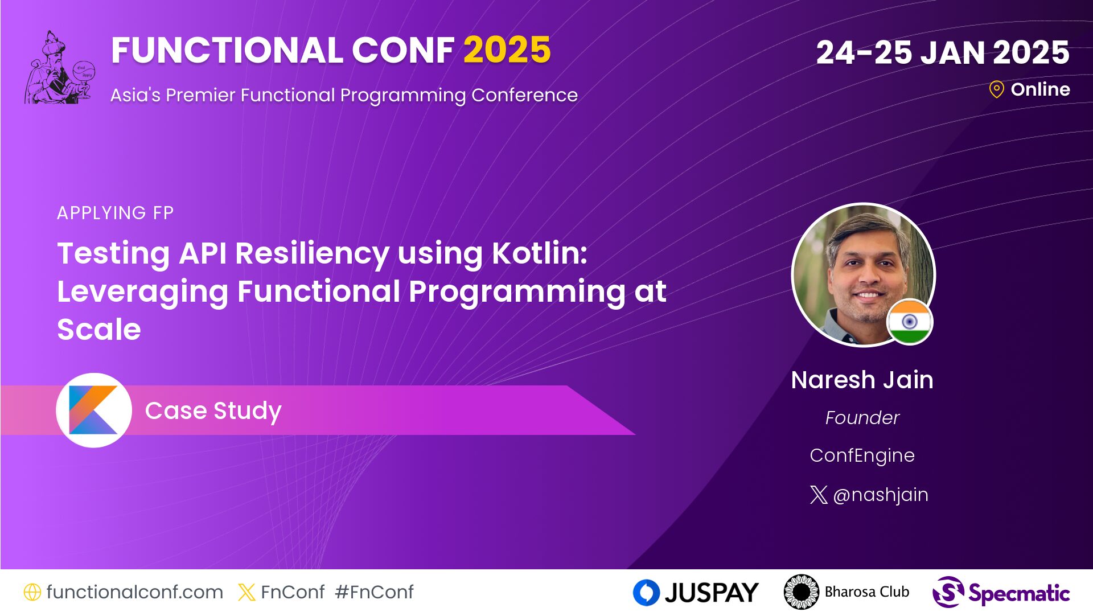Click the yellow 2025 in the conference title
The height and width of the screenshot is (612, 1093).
point(507,50)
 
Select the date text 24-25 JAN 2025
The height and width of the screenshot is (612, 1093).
point(943,53)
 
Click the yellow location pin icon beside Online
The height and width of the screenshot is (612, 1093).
point(996,89)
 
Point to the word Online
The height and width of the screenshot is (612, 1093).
point(1040,89)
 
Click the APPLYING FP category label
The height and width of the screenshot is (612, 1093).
point(116,213)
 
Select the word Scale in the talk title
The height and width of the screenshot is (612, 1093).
point(99,330)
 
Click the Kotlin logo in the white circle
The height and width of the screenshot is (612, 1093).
point(93,410)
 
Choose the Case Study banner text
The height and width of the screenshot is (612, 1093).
point(213,411)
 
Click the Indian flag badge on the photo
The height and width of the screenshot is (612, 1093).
point(910,322)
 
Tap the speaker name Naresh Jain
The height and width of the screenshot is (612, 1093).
point(862,380)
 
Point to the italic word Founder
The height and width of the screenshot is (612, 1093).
point(862,418)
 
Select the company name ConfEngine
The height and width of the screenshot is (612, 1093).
point(862,455)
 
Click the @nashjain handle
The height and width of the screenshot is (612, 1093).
point(881,495)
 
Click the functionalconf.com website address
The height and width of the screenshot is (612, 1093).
point(135,592)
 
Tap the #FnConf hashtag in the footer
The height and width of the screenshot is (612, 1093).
point(375,592)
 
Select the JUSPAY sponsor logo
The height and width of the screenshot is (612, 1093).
point(696,593)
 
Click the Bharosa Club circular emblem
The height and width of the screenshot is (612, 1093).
point(801,592)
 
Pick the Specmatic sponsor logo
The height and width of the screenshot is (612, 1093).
point(1001,593)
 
